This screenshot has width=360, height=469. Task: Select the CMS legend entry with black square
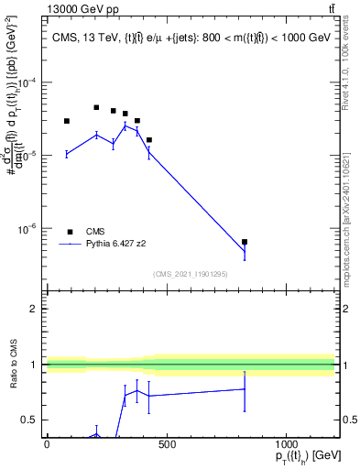click(86, 232)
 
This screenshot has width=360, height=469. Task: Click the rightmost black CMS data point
click(245, 242)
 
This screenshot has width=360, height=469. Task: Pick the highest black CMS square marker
click(96, 107)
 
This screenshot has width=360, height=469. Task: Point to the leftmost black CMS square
click(67, 121)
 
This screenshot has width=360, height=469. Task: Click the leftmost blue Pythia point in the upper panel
click(67, 154)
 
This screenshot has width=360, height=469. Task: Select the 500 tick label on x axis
click(167, 445)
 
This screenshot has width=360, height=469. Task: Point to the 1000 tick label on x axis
click(287, 445)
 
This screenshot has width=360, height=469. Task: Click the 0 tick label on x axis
click(47, 445)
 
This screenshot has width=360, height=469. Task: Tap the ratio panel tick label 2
click(34, 309)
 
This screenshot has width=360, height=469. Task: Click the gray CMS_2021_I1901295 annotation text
click(191, 274)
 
